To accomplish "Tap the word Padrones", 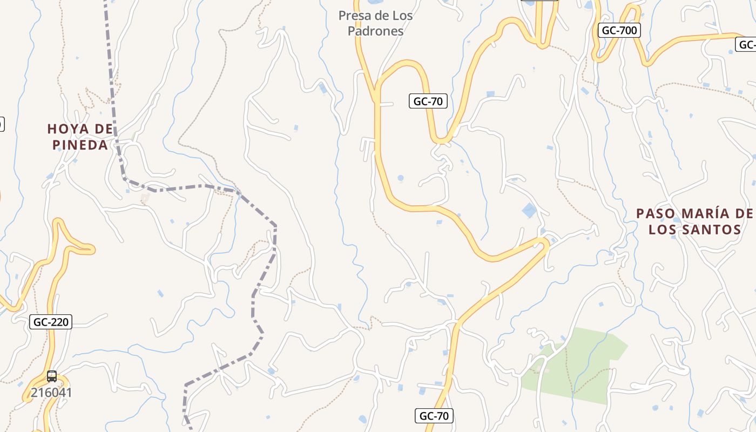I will point(375,31).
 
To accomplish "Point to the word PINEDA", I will point(80,145).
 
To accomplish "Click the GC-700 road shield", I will point(619,30).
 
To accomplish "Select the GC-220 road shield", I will point(51,322).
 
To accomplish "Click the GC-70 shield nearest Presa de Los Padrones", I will point(428,101).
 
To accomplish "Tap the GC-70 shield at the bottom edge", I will point(434,416).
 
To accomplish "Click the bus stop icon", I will point(52,376).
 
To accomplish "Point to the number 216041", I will point(51,393).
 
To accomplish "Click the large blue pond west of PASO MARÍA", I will point(530,210).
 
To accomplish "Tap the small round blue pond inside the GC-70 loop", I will point(400,178).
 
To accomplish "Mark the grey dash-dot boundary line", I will point(275,238).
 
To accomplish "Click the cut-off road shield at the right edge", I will point(748,44).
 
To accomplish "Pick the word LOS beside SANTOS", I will point(666,230).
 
